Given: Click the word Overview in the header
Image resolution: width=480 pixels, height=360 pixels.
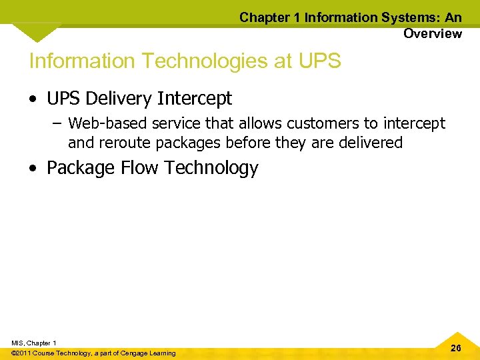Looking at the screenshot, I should click(432, 33).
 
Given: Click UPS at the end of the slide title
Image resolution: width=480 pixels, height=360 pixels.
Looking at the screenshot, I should click(320, 61).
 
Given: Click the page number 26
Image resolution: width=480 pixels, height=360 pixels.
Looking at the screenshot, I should click(456, 348).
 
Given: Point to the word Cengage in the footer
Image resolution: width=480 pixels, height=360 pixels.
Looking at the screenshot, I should click(132, 353).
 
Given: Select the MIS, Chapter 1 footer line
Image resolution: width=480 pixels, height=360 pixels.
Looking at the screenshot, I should click(34, 343).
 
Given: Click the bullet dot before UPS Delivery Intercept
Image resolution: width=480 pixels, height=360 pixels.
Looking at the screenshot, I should click(33, 100).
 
